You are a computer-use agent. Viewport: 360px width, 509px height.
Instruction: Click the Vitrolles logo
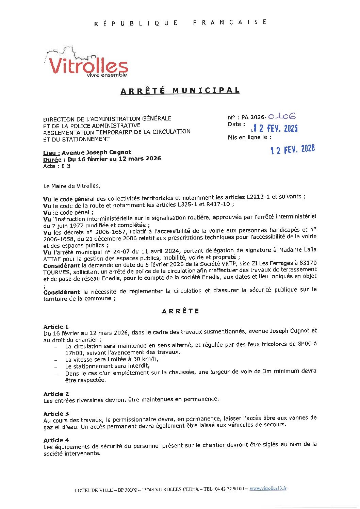(87, 63)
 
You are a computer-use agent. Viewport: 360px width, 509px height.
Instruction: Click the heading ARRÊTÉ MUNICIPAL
(180, 91)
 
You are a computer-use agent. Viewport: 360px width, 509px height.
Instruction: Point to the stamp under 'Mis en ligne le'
(293, 149)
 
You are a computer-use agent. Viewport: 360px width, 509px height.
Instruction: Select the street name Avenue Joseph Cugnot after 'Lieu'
(96, 152)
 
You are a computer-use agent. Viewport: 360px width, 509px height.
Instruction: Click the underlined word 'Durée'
(52, 159)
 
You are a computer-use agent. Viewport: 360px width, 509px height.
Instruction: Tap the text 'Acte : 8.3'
(57, 166)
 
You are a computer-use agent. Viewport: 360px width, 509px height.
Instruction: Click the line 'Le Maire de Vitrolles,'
(72, 186)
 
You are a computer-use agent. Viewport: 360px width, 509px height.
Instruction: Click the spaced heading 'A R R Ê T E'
(180, 311)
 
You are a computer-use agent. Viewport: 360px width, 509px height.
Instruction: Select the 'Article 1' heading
(56, 327)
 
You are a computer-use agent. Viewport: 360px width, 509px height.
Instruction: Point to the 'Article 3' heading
(56, 414)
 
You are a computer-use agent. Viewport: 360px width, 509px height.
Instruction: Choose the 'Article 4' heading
(56, 440)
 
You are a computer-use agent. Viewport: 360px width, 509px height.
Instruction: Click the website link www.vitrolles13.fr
(268, 488)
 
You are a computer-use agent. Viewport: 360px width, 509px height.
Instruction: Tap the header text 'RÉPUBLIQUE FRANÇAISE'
(180, 23)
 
